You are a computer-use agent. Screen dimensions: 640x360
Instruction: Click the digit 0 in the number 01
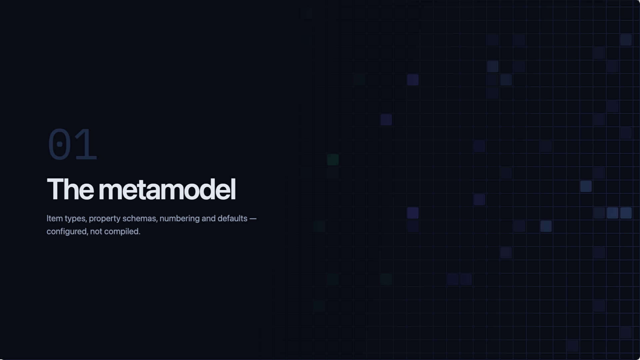pyautogui.click(x=60, y=144)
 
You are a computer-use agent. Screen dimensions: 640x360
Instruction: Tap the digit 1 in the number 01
pyautogui.click(x=85, y=144)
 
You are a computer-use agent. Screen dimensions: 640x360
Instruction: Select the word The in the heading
pyautogui.click(x=70, y=189)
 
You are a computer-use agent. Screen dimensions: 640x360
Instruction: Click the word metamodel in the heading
pyautogui.click(x=167, y=189)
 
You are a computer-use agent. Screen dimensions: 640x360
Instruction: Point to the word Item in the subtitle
pyautogui.click(x=55, y=218)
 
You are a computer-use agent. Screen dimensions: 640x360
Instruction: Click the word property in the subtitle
pyautogui.click(x=105, y=219)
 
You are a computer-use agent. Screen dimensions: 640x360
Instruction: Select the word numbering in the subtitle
pyautogui.click(x=180, y=219)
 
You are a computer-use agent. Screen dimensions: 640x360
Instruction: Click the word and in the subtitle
pyautogui.click(x=208, y=218)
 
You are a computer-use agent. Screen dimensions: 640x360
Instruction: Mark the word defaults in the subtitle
pyautogui.click(x=232, y=218)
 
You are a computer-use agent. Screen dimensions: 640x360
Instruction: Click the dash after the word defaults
pyautogui.click(x=253, y=219)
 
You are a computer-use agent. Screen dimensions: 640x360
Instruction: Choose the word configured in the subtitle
pyautogui.click(x=67, y=232)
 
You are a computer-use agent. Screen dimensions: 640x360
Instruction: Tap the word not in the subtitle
pyautogui.click(x=96, y=232)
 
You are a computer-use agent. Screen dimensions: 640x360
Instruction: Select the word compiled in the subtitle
pyautogui.click(x=122, y=232)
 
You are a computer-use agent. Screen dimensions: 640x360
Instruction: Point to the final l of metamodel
pyautogui.click(x=234, y=189)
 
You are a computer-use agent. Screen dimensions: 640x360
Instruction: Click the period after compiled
pyautogui.click(x=139, y=234)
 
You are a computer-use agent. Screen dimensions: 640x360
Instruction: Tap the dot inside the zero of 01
pyautogui.click(x=60, y=144)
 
